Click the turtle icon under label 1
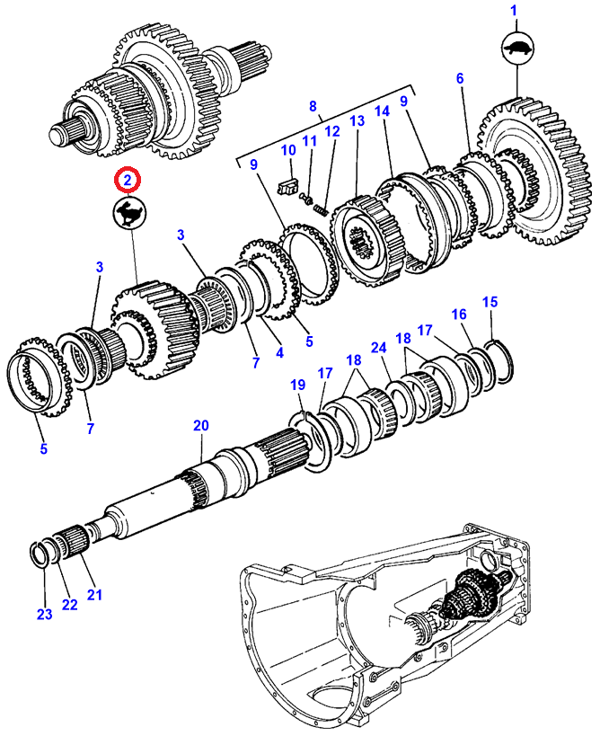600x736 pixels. coord(518,48)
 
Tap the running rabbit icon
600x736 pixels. coord(130,215)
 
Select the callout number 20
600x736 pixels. coord(201,426)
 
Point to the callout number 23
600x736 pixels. coord(45,614)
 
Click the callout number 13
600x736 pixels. coord(357,120)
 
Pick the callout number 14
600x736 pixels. coord(382,111)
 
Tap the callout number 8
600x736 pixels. coord(313,107)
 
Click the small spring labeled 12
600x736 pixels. coord(321,208)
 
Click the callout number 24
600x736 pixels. coord(378,348)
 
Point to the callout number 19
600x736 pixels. coord(297,385)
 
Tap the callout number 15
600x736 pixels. coord(490,302)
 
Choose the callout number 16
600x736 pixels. coord(459,314)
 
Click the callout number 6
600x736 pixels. coord(460,78)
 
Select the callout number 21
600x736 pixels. coord(94,595)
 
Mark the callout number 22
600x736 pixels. coord(69,605)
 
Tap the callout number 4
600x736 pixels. coord(279,352)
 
